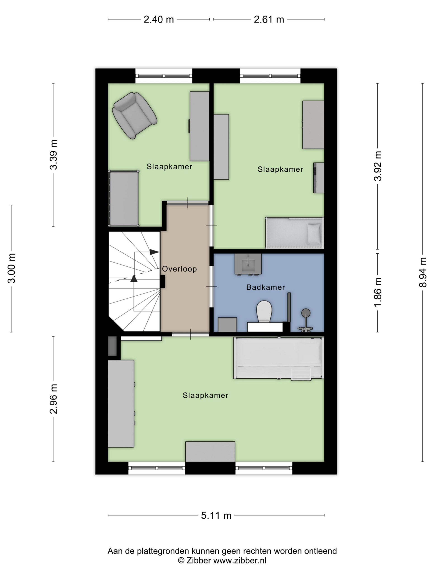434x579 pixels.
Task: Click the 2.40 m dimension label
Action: coord(158,19)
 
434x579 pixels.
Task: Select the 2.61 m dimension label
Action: coord(269,19)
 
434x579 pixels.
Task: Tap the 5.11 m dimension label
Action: coord(216,515)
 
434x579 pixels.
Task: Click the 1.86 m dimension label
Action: coord(377,292)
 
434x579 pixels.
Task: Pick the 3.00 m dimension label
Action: coord(12,268)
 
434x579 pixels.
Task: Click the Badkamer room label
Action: coord(265,287)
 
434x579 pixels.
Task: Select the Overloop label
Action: coord(179,269)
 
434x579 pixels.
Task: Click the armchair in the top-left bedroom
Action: coord(134,115)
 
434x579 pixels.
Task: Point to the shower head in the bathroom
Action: coord(306,313)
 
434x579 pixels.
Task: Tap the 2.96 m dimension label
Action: coord(53,399)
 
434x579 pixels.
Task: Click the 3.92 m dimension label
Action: coord(377,166)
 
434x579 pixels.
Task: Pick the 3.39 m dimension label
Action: coord(53,155)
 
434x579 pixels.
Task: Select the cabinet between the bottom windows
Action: coord(210,451)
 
